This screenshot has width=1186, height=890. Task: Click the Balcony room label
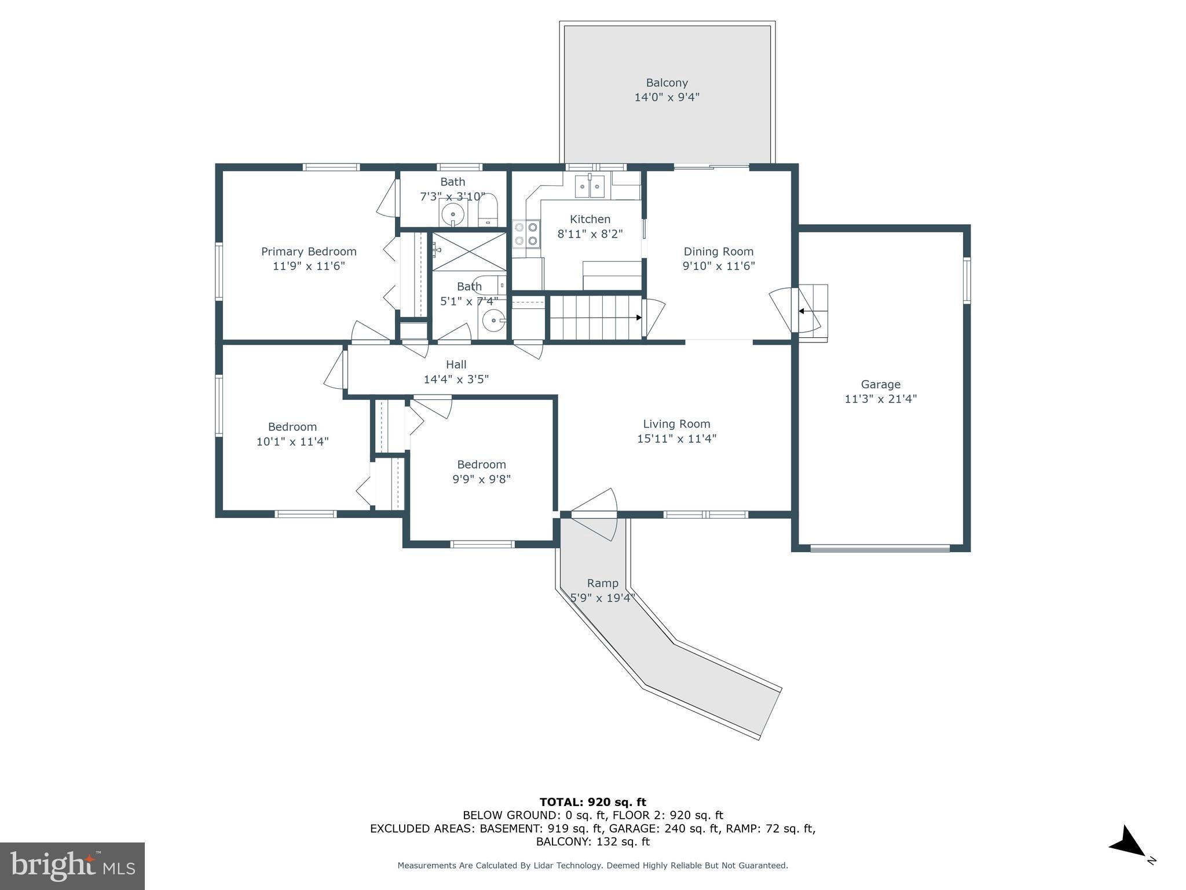(x=667, y=83)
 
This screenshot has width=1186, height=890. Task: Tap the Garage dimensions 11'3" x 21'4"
(x=880, y=399)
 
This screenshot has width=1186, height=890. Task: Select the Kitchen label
(x=590, y=219)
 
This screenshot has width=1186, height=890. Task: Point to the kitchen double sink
(x=590, y=186)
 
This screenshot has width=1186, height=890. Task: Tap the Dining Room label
(x=719, y=251)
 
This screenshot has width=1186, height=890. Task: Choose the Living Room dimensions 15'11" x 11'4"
(x=676, y=439)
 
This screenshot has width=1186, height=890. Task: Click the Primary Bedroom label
(x=309, y=251)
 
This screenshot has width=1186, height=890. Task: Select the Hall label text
(x=456, y=364)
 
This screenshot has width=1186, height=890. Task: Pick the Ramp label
(x=603, y=583)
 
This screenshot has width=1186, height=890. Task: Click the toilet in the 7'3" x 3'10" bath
(x=488, y=211)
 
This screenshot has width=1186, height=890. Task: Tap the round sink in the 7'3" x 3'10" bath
(x=453, y=214)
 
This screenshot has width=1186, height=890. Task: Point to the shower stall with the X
(x=469, y=251)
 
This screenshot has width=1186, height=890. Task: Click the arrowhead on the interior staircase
(x=638, y=318)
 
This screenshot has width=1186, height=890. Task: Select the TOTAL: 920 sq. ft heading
(x=593, y=802)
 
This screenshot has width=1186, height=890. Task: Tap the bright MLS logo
(x=72, y=866)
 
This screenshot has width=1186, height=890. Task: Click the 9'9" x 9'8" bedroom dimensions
(x=482, y=479)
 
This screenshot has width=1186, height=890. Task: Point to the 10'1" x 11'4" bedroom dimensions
(x=292, y=442)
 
